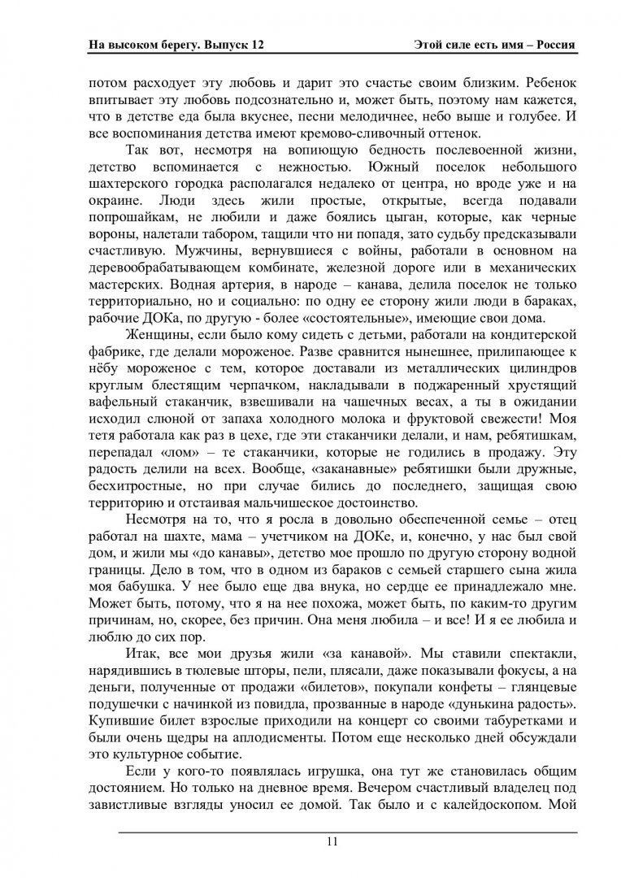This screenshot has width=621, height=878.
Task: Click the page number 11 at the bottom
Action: pos(331,841)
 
